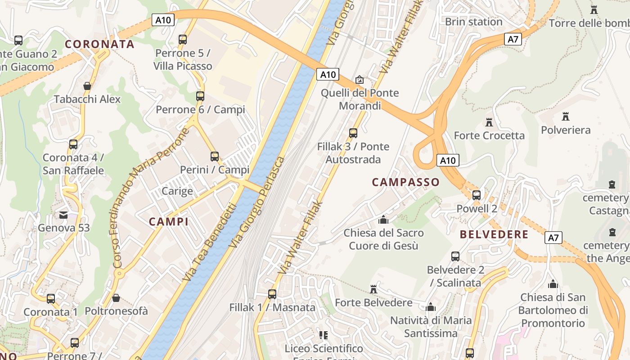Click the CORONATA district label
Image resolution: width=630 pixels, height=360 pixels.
tap(99, 44)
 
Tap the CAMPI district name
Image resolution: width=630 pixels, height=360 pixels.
tap(168, 221)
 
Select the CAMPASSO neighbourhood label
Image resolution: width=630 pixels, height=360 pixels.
tap(405, 182)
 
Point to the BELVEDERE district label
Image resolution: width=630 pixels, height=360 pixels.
tap(494, 234)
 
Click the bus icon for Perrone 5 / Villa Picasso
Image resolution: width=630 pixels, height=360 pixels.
tap(183, 40)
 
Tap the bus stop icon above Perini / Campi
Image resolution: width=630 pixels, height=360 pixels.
tap(215, 157)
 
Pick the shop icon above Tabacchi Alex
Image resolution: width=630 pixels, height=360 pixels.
tap(87, 85)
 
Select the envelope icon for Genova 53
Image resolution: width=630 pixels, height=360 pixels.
tap(63, 215)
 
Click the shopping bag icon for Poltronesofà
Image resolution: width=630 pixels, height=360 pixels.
tap(116, 298)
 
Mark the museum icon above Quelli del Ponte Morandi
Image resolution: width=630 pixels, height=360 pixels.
tap(360, 80)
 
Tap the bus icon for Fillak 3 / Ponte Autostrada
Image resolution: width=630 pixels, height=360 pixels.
tap(353, 133)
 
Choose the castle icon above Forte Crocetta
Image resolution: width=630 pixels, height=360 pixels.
tap(489, 122)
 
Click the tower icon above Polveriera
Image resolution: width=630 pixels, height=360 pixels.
tap(566, 117)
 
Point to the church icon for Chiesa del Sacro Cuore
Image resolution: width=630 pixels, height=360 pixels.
tap(383, 220)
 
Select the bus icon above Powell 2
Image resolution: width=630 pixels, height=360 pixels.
tap(477, 195)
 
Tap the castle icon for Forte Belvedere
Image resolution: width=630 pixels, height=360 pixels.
tap(373, 289)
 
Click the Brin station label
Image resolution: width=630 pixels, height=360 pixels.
tap(473, 22)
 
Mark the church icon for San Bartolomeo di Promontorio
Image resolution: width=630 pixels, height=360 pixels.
tap(553, 284)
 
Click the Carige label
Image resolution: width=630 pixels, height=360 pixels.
tap(177, 191)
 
